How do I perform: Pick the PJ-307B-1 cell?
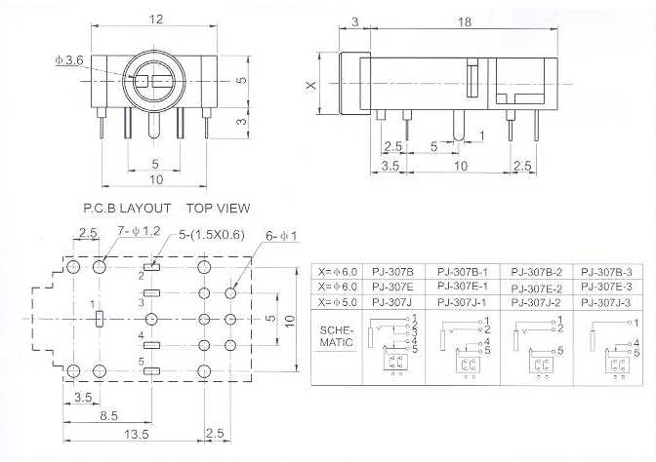coord(463,271)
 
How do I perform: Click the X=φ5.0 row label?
coord(337,302)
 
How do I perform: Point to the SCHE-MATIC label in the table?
coord(338,336)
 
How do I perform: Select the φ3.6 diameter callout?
coord(70,60)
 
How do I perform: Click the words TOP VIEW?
coord(218,208)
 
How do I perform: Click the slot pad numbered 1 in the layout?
coord(99,318)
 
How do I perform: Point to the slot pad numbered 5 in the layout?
coord(151,371)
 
